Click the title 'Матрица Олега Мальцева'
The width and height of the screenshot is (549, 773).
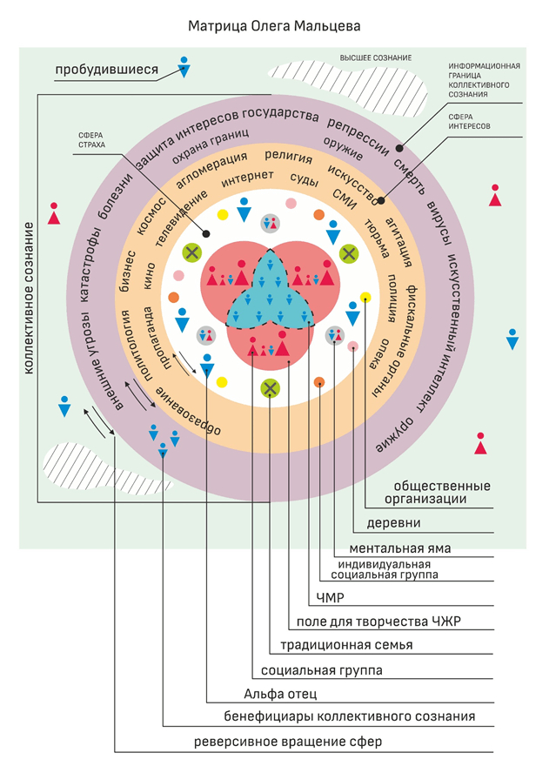click(x=275, y=26)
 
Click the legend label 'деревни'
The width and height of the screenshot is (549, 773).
click(x=392, y=523)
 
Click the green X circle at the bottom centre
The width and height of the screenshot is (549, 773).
click(x=271, y=388)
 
